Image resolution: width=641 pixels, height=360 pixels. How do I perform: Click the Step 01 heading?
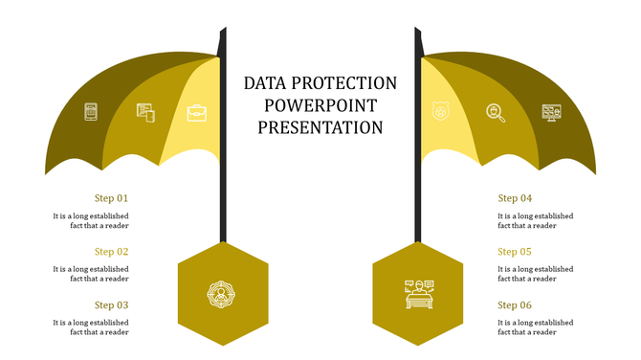(x=111, y=198)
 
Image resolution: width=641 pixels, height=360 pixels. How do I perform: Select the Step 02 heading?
(x=111, y=252)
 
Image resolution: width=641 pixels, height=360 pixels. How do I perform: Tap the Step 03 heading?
(x=111, y=305)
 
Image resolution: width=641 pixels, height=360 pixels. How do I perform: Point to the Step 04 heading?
(x=515, y=198)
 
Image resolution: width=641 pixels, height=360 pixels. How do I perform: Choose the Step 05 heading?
(x=515, y=252)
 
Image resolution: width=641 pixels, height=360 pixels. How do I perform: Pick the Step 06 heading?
(x=515, y=305)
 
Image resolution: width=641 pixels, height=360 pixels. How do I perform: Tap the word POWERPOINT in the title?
(x=320, y=104)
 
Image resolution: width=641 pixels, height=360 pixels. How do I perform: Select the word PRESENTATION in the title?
(x=320, y=126)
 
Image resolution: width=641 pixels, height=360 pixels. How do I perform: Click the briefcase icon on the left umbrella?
(x=196, y=113)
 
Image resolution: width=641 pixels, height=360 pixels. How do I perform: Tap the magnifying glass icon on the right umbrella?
(x=495, y=113)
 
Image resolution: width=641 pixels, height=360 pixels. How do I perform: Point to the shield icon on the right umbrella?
(x=440, y=112)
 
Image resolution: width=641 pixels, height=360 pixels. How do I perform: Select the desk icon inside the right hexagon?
(x=418, y=292)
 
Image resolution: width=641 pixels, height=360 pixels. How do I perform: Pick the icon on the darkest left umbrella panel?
(x=91, y=112)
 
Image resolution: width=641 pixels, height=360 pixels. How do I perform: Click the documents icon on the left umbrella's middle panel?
(x=144, y=113)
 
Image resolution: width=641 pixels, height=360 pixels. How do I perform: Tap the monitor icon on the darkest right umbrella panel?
(x=551, y=113)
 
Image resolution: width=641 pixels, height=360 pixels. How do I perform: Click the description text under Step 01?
(x=91, y=221)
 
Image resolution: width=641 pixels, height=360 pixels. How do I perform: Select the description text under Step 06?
(x=535, y=327)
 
